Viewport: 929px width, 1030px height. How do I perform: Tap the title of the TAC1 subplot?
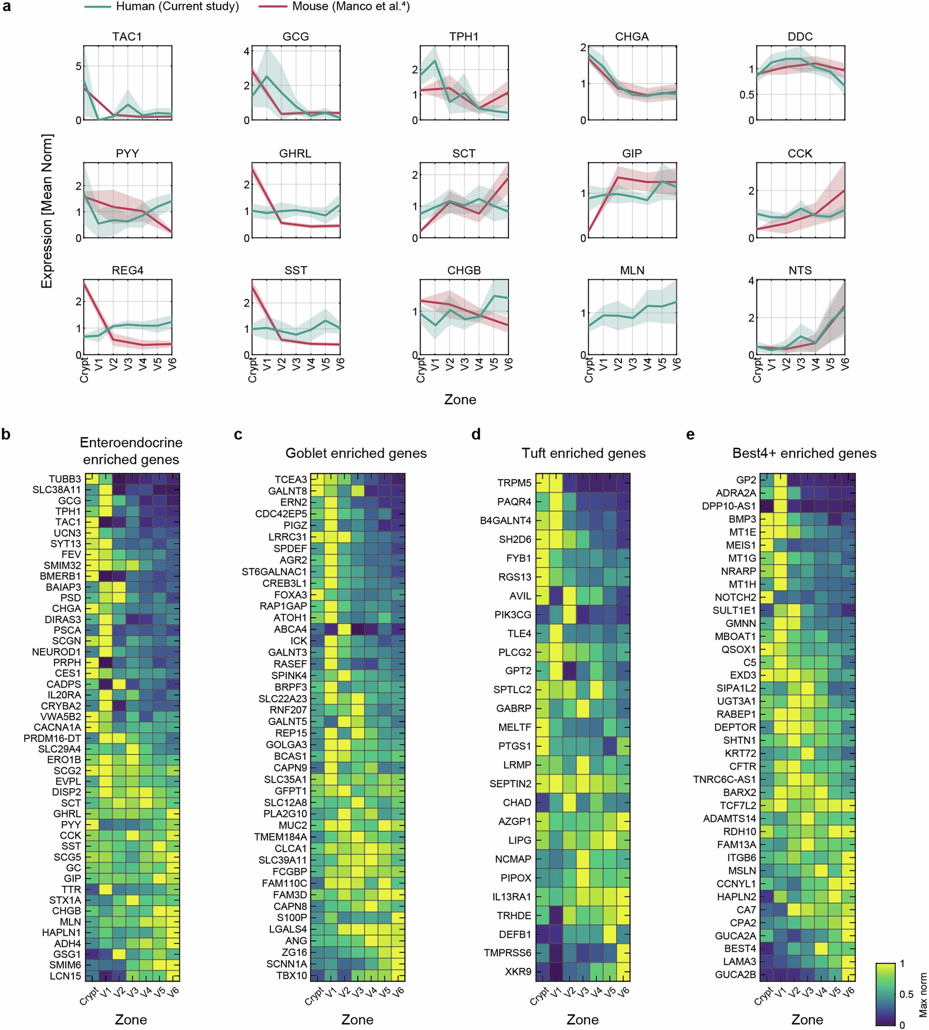[x=127, y=37]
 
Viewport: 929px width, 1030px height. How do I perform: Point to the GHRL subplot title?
[x=295, y=154]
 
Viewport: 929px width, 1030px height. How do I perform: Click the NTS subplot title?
[x=800, y=270]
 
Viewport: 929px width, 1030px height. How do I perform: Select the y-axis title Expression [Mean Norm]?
[x=47, y=212]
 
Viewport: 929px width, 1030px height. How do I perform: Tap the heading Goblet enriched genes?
[x=356, y=453]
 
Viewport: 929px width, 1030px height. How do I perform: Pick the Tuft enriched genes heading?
[x=583, y=453]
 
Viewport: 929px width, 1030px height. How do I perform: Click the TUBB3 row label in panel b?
[x=65, y=479]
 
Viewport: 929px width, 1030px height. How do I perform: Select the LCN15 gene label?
[x=65, y=976]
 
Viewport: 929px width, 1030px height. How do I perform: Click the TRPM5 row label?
[x=514, y=483]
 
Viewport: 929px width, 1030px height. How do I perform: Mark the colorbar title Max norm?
[x=922, y=995]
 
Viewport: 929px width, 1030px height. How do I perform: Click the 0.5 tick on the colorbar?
[x=906, y=994]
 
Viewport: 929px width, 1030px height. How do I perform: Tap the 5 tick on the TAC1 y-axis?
[x=78, y=66]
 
